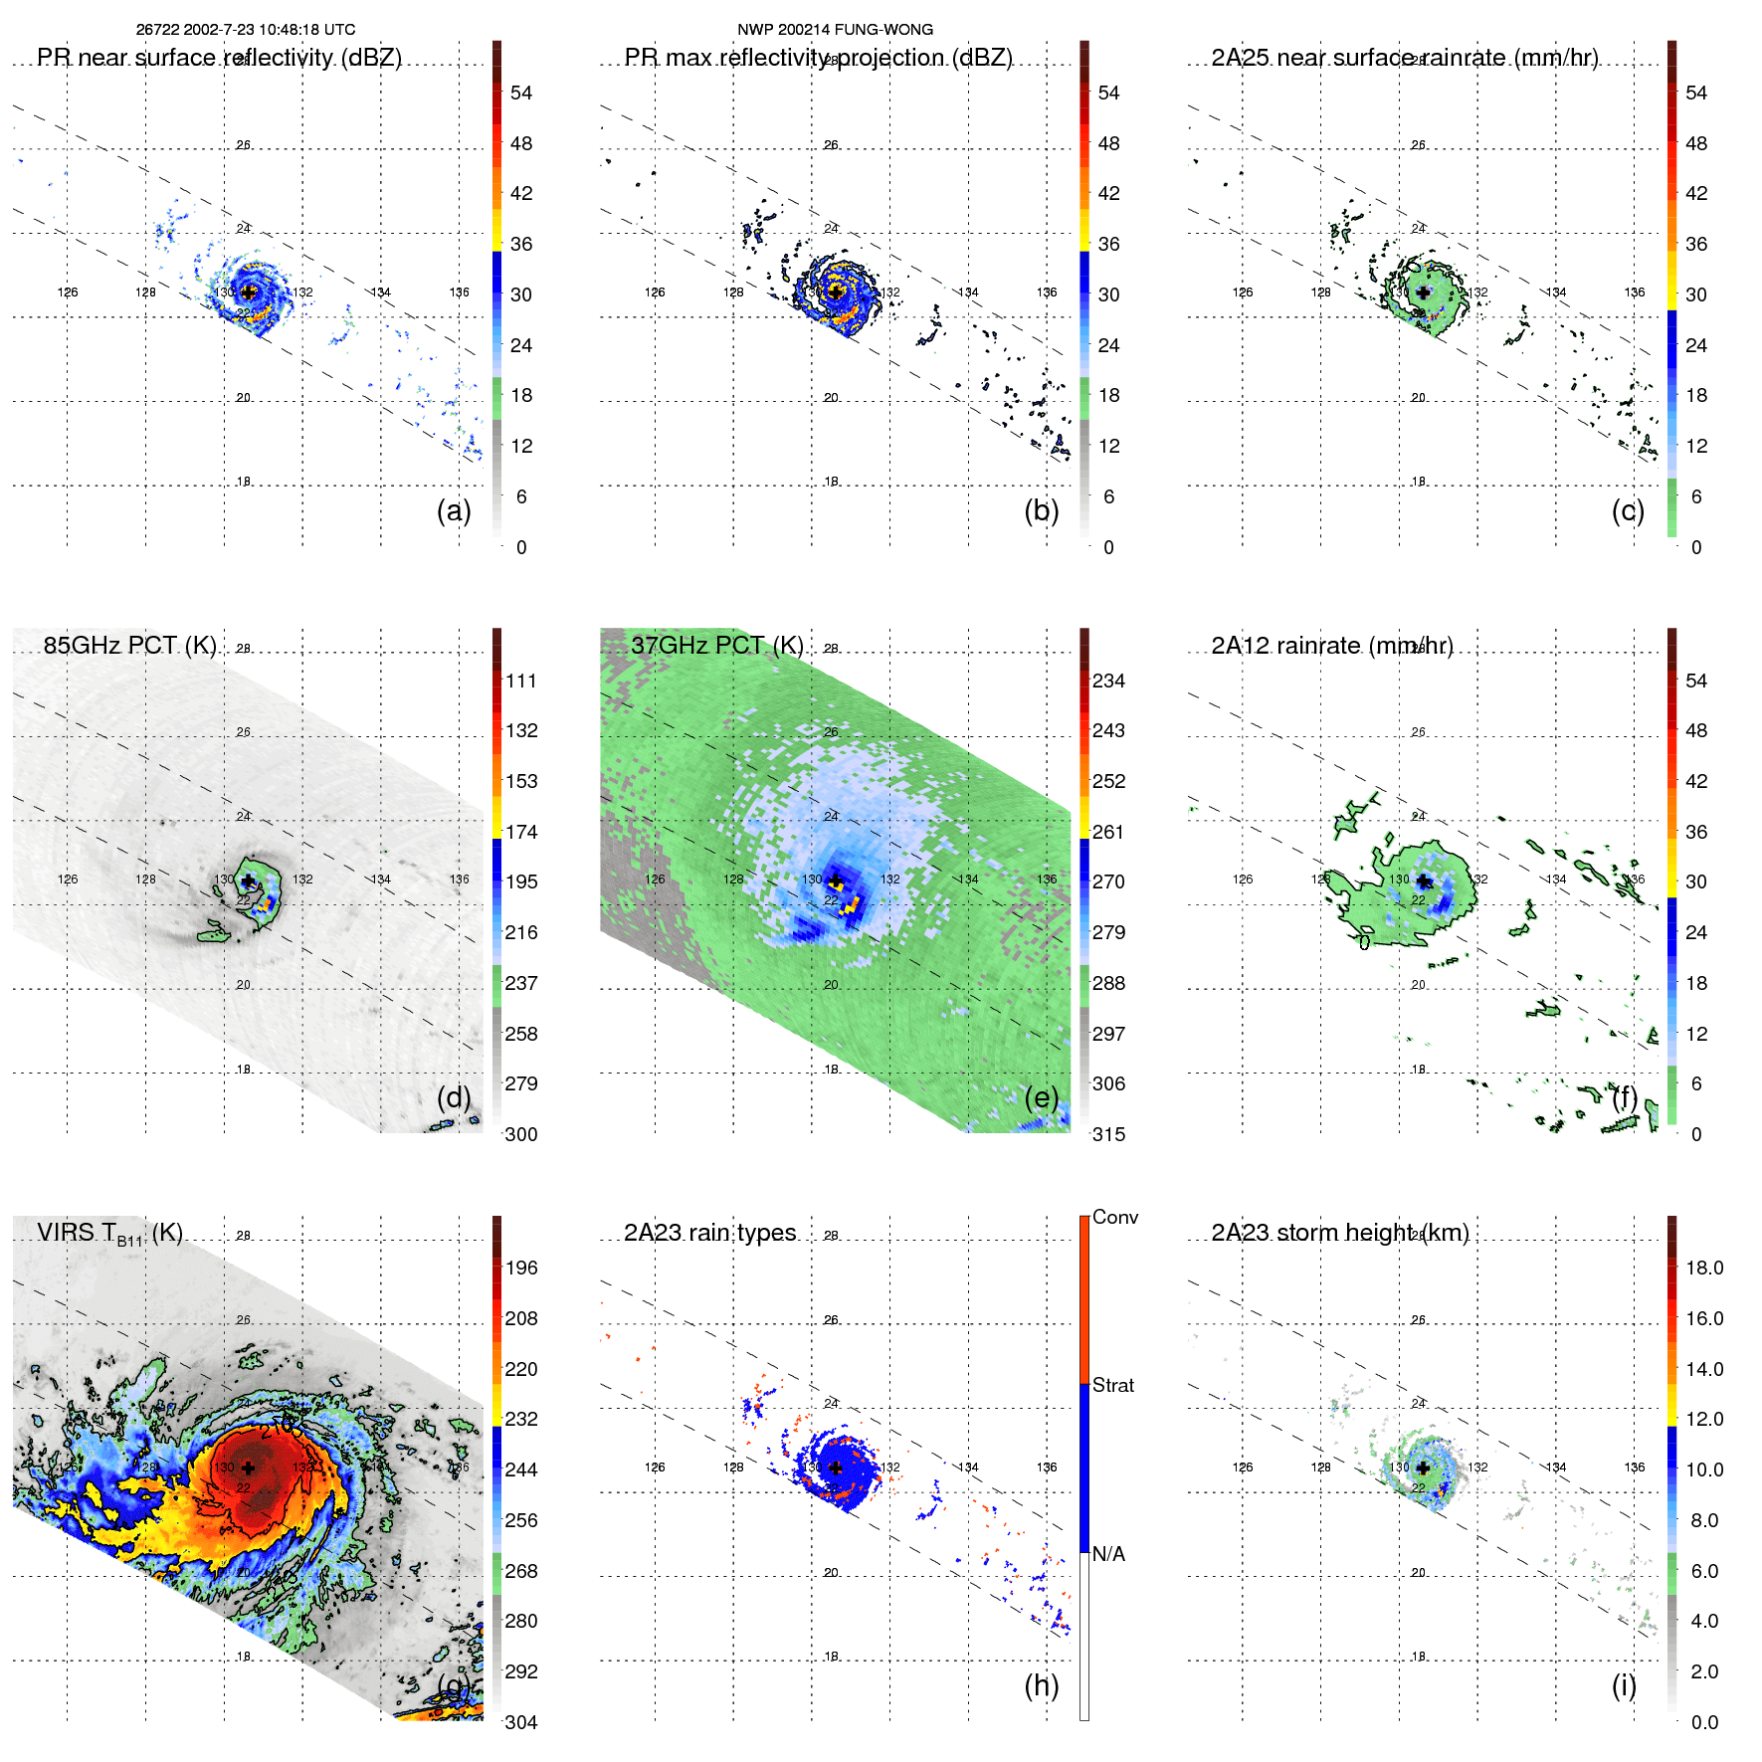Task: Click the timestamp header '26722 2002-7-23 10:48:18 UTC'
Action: click(x=246, y=30)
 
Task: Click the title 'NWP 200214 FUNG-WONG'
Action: click(x=835, y=30)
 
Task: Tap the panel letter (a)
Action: click(x=454, y=510)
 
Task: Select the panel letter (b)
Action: click(x=1042, y=510)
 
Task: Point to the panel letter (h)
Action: click(x=1042, y=1685)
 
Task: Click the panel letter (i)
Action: click(x=1624, y=1685)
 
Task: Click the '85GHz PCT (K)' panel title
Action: click(x=130, y=645)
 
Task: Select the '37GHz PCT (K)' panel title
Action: click(x=717, y=645)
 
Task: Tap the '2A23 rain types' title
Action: click(x=710, y=1233)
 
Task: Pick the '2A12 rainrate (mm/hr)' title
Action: click(x=1332, y=645)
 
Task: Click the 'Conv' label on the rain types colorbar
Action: click(x=1115, y=1217)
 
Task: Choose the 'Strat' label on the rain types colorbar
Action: click(x=1113, y=1385)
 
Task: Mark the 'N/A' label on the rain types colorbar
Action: click(x=1109, y=1554)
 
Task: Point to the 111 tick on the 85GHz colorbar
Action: click(x=521, y=681)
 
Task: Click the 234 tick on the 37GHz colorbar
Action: click(x=1108, y=681)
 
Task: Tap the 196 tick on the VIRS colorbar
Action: click(x=521, y=1268)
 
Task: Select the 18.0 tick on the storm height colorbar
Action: click(x=1704, y=1268)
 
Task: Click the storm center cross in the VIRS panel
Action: click(x=248, y=1468)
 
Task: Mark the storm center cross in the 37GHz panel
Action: click(x=836, y=881)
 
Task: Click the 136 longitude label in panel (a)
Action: click(x=459, y=293)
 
